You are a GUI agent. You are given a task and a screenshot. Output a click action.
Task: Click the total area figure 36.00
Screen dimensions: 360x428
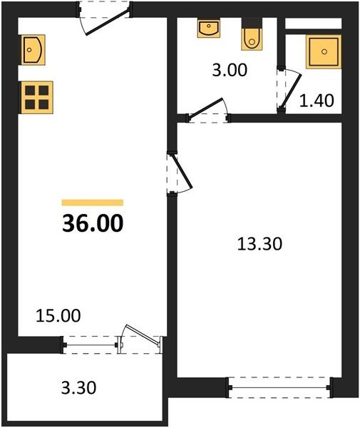[93, 223]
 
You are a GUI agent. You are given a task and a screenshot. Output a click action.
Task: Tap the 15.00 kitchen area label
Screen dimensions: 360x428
[58, 315]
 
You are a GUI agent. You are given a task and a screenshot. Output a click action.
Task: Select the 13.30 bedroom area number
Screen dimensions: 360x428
[259, 244]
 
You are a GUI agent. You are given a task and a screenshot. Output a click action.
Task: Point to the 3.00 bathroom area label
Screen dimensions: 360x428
[230, 70]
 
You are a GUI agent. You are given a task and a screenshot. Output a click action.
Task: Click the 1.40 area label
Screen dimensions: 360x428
[317, 100]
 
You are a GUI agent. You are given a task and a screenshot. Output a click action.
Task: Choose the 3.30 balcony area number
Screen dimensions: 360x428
[78, 388]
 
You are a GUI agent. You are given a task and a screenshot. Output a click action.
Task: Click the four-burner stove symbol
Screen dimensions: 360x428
[36, 98]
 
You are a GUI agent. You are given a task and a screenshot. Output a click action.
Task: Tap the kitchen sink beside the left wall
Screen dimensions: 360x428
[32, 50]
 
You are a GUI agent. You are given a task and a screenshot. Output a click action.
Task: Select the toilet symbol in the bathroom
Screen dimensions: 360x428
[252, 34]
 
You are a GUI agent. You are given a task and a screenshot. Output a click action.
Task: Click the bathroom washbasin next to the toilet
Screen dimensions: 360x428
[209, 28]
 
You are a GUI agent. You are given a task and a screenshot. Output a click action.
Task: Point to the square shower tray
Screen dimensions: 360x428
[324, 51]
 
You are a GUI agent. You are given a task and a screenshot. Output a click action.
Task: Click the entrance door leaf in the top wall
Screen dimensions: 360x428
[107, 23]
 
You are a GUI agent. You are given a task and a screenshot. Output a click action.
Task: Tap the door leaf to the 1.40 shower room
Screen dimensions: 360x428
[292, 91]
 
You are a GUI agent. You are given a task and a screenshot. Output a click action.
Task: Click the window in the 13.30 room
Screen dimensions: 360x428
[280, 387]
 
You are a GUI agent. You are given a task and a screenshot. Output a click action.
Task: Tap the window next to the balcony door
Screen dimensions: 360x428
[91, 345]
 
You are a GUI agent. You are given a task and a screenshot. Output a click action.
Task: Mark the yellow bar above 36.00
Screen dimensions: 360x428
[93, 203]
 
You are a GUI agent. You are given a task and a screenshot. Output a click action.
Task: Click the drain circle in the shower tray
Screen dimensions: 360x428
[324, 51]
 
